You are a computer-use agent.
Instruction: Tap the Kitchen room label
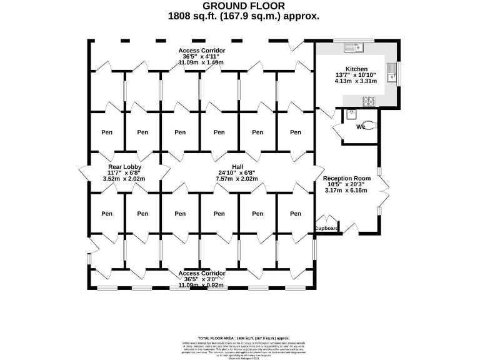coord(356,69)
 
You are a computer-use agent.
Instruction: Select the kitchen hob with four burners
coord(369,101)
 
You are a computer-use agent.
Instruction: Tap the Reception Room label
coord(347,178)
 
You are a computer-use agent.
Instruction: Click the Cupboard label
coord(327,229)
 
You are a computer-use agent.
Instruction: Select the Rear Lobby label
coord(124,167)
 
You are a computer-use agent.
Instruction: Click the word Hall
coord(237,167)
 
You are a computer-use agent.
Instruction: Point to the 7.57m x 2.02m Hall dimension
coord(237,179)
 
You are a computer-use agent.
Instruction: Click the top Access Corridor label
coord(201,51)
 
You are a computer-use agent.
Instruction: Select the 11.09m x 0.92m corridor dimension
coord(201,285)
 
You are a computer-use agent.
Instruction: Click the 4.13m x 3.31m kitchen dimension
coord(356,81)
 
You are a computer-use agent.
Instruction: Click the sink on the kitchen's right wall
coord(392,72)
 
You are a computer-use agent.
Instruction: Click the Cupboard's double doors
coord(327,220)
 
